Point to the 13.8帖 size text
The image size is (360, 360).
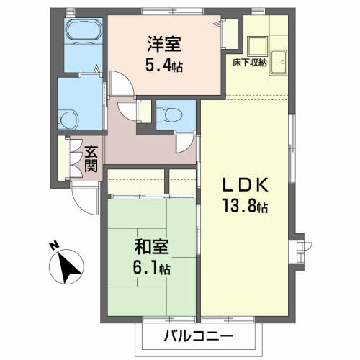point(245,207)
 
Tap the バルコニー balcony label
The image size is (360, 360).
point(197,336)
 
